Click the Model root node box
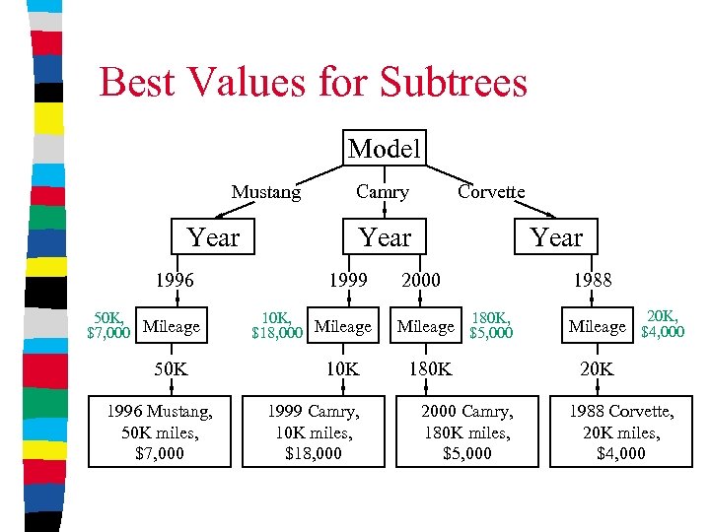[x=385, y=149]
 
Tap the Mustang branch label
[x=266, y=192]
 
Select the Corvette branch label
[x=491, y=192]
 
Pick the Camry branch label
[x=382, y=192]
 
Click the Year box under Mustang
[x=213, y=237]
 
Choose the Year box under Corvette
[x=556, y=237]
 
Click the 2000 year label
[x=420, y=280]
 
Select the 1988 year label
[x=592, y=280]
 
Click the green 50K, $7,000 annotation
[x=108, y=325]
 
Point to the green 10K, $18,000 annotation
[x=277, y=325]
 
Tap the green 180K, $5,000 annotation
[x=490, y=325]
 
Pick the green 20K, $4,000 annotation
[x=662, y=324]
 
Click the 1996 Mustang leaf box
[x=160, y=431]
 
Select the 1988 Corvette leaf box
[x=621, y=431]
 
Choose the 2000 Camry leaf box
[x=467, y=431]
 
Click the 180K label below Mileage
[x=431, y=369]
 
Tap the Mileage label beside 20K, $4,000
[x=598, y=326]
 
